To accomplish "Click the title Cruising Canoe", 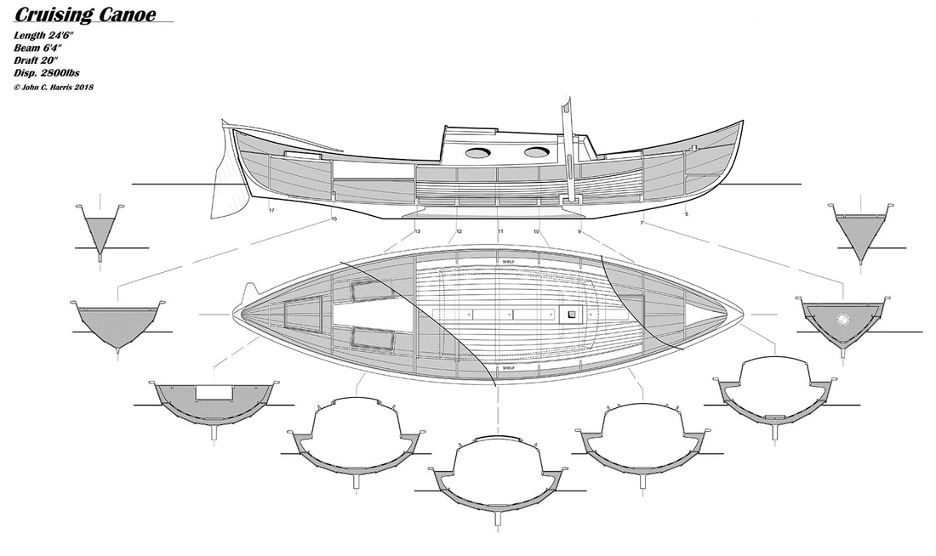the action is click(85, 14).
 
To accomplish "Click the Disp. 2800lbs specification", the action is click(47, 73).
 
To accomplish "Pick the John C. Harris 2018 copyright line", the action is click(53, 87).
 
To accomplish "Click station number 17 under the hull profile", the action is click(271, 211).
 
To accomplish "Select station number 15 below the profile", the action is click(334, 219).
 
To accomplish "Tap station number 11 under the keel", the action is click(500, 231).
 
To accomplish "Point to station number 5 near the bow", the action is click(687, 213).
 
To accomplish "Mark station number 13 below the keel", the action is click(417, 231).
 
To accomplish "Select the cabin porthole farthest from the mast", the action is click(477, 153).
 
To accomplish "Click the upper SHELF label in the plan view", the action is click(509, 262).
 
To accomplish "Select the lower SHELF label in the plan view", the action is click(509, 368).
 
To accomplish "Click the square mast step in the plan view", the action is click(571, 314).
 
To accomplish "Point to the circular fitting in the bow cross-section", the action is click(843, 319).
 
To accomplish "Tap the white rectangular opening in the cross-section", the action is click(214, 392).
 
